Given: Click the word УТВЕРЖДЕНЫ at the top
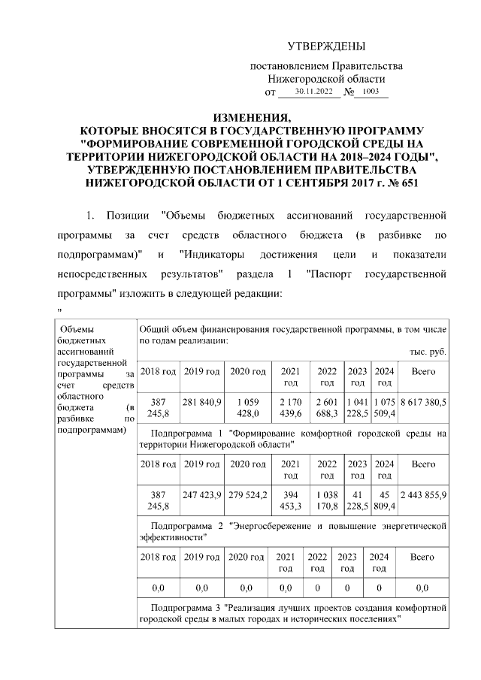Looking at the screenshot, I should click(x=326, y=47).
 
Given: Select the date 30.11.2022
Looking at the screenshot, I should click(x=313, y=92).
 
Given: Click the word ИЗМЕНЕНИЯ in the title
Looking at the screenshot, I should click(x=251, y=119).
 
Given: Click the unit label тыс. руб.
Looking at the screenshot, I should click(x=428, y=352).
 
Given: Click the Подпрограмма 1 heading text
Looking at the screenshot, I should click(x=293, y=439).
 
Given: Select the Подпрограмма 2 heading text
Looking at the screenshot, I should click(x=293, y=532).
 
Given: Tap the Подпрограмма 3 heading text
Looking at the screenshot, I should click(x=293, y=611).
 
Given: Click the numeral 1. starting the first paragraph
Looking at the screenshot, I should click(x=91, y=216).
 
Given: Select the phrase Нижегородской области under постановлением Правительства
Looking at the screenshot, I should click(x=326, y=78).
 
